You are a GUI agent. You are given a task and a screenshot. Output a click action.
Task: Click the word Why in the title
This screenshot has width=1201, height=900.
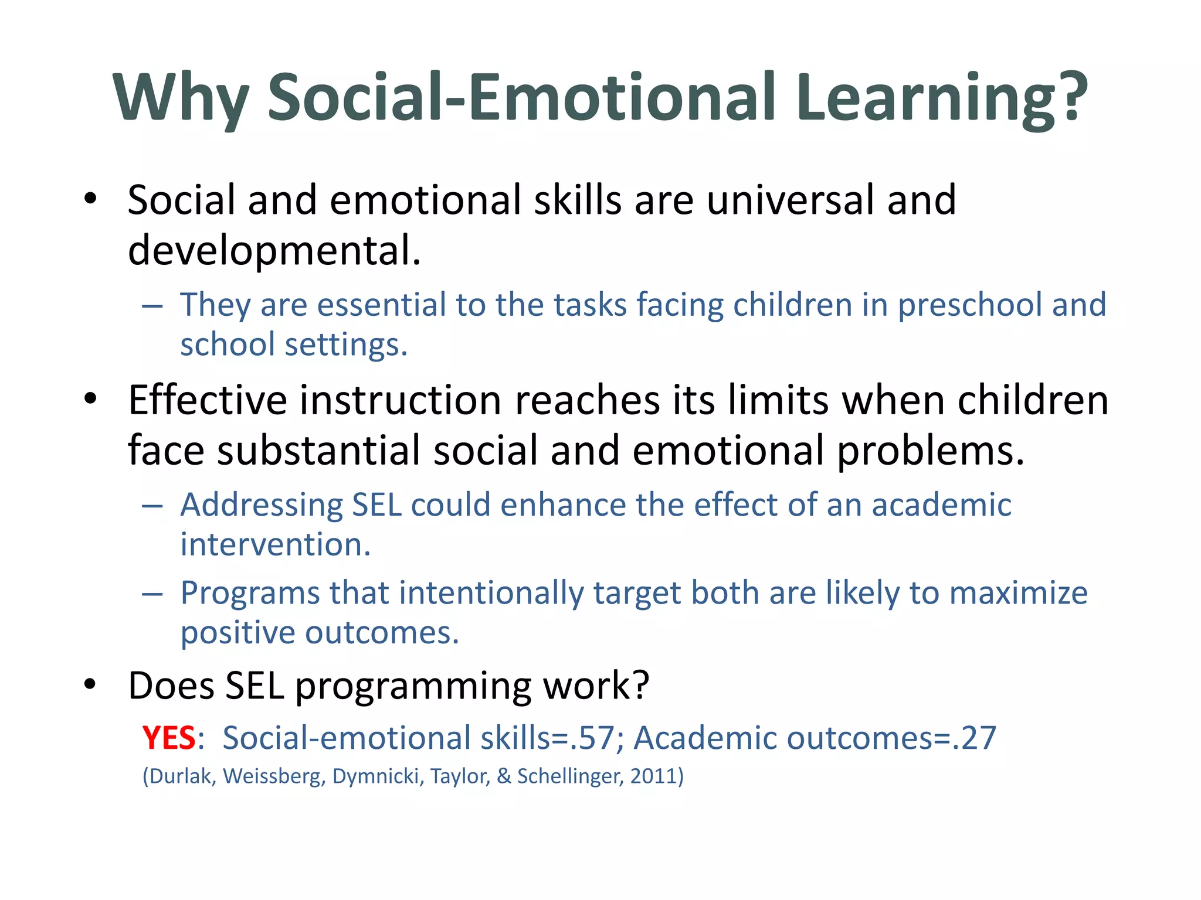point(181,97)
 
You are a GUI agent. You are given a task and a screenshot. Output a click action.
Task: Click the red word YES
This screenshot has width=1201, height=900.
point(168,738)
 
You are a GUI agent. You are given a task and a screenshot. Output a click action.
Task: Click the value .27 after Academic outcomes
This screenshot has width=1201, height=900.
point(975,738)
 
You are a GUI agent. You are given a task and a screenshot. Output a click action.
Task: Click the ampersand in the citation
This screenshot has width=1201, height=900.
point(504,776)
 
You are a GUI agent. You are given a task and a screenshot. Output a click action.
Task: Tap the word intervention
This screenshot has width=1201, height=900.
point(275,545)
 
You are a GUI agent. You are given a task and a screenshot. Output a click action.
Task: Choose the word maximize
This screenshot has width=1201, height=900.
point(1019,593)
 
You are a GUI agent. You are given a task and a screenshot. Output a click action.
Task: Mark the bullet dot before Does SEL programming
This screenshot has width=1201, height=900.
point(90,684)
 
